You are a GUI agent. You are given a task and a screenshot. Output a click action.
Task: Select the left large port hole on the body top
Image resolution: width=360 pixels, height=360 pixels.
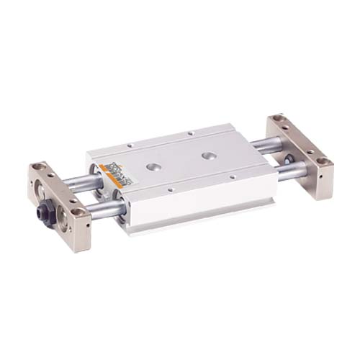point(153,166)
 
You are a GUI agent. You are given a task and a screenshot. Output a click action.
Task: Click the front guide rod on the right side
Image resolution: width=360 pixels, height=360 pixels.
point(295,171)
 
